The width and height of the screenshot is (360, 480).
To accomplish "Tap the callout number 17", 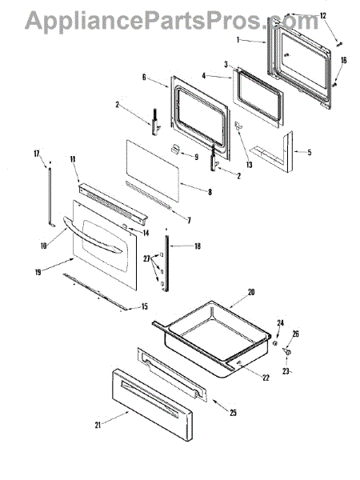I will pos(37,153).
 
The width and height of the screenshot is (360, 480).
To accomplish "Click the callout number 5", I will pos(310,151).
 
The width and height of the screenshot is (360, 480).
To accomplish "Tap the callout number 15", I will pos(143,306).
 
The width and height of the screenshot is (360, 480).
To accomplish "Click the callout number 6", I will pos(144,78).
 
